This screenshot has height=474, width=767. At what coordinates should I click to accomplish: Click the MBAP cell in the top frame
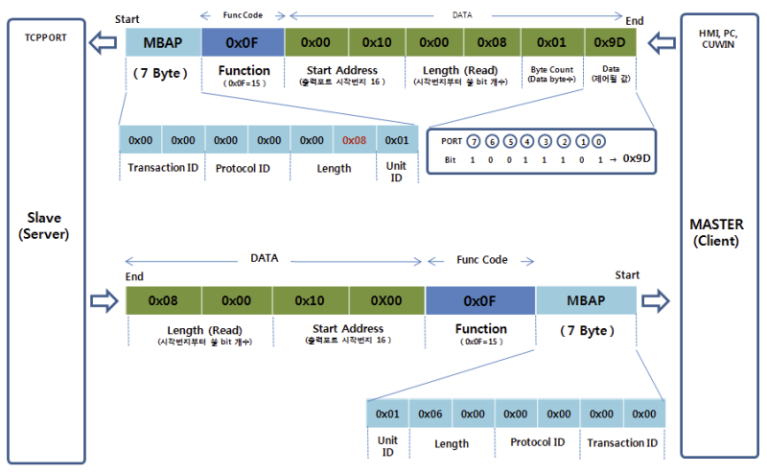click(163, 43)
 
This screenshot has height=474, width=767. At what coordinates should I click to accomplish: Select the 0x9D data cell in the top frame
click(609, 43)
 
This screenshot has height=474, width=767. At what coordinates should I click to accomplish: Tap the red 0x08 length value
click(354, 140)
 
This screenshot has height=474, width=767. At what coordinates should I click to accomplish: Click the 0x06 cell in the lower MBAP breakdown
click(430, 414)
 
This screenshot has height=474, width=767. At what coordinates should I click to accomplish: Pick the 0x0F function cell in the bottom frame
click(479, 300)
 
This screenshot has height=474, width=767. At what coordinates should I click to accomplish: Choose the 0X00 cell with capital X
click(386, 300)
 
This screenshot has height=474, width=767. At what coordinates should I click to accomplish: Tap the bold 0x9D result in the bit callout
click(637, 159)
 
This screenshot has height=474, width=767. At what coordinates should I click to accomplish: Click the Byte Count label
click(550, 71)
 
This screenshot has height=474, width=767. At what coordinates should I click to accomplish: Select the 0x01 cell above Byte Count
click(550, 43)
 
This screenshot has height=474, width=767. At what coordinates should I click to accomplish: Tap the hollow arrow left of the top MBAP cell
click(105, 42)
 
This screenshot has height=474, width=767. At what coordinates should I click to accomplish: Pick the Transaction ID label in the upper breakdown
click(161, 168)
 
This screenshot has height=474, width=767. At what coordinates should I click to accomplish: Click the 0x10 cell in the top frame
click(377, 43)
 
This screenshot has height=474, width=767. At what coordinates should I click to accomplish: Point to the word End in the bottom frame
click(134, 276)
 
